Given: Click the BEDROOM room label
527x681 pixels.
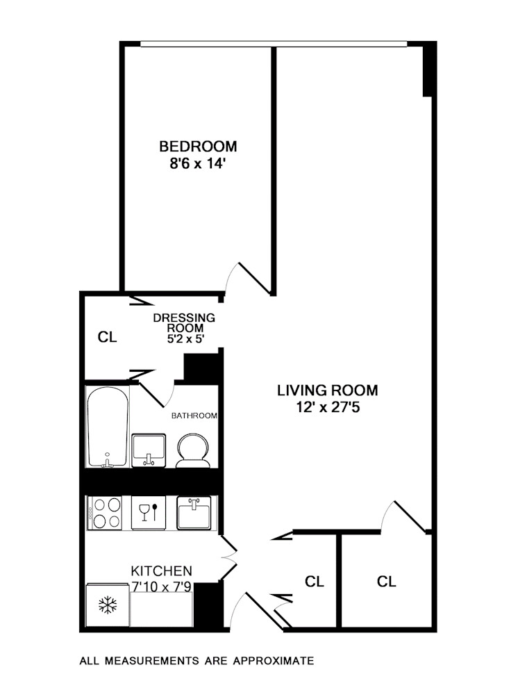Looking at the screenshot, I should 198,147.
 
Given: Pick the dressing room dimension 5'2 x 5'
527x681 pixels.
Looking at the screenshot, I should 184,339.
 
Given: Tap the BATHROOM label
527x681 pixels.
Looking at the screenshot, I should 194,416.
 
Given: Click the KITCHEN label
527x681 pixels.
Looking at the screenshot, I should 162,571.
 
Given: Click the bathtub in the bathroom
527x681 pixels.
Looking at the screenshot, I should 108,427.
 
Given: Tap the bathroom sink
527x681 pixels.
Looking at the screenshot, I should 149,450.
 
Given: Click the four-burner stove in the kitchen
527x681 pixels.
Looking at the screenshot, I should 105,512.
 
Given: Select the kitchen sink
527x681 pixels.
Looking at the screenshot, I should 194,513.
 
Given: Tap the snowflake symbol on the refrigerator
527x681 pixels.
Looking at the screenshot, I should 107,605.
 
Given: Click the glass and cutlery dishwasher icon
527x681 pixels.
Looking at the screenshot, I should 149,513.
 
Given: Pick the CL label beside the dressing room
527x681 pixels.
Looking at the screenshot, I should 107,338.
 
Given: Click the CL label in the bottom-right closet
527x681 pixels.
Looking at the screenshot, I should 387,582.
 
